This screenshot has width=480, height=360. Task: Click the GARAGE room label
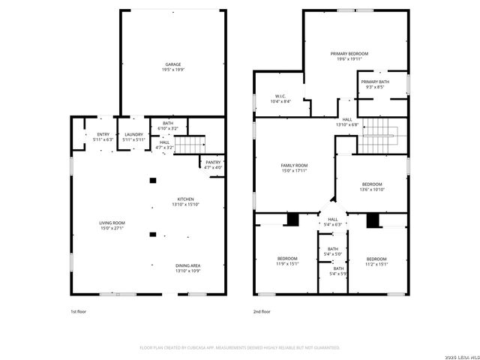[x=173, y=64]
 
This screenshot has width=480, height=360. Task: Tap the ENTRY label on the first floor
[x=103, y=134]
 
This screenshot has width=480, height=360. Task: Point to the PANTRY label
[x=212, y=162]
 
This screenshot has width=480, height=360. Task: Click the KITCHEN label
[x=185, y=199]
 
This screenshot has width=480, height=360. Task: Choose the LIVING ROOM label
[x=112, y=223]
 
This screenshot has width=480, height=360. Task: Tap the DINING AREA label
[x=187, y=265]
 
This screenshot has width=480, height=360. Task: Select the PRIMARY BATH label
[x=374, y=82]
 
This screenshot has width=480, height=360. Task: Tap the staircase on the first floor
[x=194, y=142]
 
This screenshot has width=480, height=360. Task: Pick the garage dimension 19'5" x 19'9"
[x=173, y=70]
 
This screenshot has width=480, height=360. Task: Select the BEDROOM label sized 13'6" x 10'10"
[x=372, y=184]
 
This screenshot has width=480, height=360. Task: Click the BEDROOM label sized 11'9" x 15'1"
[x=288, y=259]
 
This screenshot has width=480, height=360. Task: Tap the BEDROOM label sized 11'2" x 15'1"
[x=376, y=259]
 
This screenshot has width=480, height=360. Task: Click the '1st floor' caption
[x=79, y=310]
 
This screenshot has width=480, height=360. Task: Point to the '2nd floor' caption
[x=262, y=310]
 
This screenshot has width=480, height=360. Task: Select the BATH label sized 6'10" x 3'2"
[x=168, y=125]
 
